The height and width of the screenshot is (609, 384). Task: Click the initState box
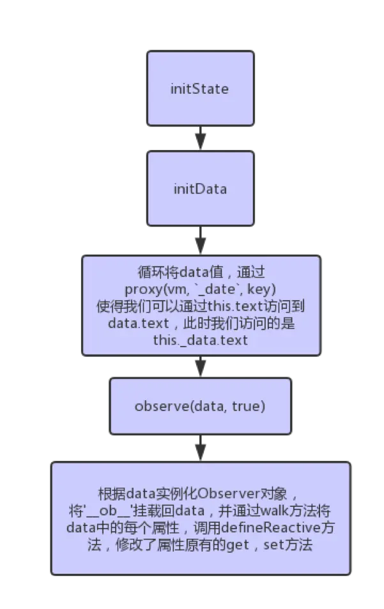click(x=200, y=88)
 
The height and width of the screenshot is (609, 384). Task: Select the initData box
click(x=200, y=189)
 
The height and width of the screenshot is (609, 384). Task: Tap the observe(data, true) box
click(x=200, y=406)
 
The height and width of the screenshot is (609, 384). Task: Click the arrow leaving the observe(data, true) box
click(x=200, y=448)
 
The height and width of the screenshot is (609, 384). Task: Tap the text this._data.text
click(x=200, y=340)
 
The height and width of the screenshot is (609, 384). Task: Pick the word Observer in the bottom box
click(x=226, y=495)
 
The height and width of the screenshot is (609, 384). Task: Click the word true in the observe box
click(x=247, y=406)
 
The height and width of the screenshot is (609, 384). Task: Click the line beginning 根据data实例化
click(x=200, y=495)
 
